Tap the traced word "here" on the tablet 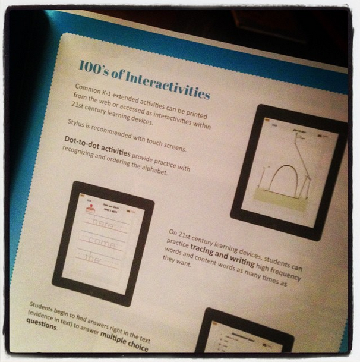(x=103, y=224)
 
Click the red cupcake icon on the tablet (x=90, y=209)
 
